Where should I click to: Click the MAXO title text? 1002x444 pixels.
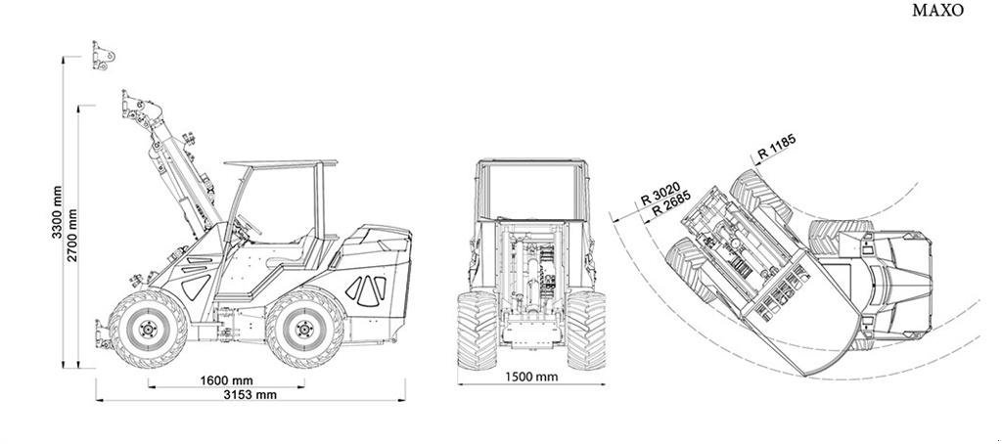(937, 11)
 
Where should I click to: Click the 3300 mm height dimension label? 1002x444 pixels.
(58, 212)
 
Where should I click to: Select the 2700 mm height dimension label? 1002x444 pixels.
(72, 235)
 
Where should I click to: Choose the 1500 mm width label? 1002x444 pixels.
(531, 377)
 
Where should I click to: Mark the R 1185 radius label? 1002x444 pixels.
(777, 148)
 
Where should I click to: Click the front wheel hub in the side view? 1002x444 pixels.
(149, 329)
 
